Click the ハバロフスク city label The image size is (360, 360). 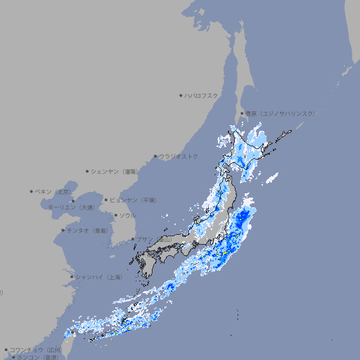coord(202,95)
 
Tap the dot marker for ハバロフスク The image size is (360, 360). coord(181,95)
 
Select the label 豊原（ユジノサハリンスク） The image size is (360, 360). coord(280,113)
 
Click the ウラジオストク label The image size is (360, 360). coord(179,156)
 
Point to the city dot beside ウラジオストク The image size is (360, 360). coord(155,156)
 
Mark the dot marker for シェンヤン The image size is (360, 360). coord(87,171)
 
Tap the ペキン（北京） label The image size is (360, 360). coord(53,191)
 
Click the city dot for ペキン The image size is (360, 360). coord(32,191)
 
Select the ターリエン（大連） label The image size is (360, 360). coord(70,207)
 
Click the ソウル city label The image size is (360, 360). coord(127,215)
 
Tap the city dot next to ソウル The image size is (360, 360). coord(115,215)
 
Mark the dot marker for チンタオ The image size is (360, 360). coord(63,230)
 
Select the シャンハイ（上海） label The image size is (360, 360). coord(98,277)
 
